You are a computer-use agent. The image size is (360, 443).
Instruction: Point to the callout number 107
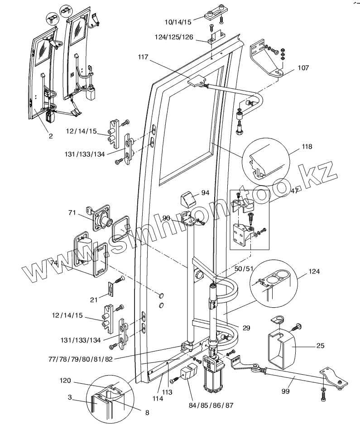click(x=303, y=68)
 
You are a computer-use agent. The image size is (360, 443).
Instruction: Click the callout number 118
click(x=307, y=147)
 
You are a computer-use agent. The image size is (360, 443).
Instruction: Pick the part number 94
click(x=205, y=193)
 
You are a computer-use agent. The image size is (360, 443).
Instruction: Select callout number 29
click(x=246, y=327)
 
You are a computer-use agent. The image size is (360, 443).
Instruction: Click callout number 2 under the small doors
click(x=51, y=136)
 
